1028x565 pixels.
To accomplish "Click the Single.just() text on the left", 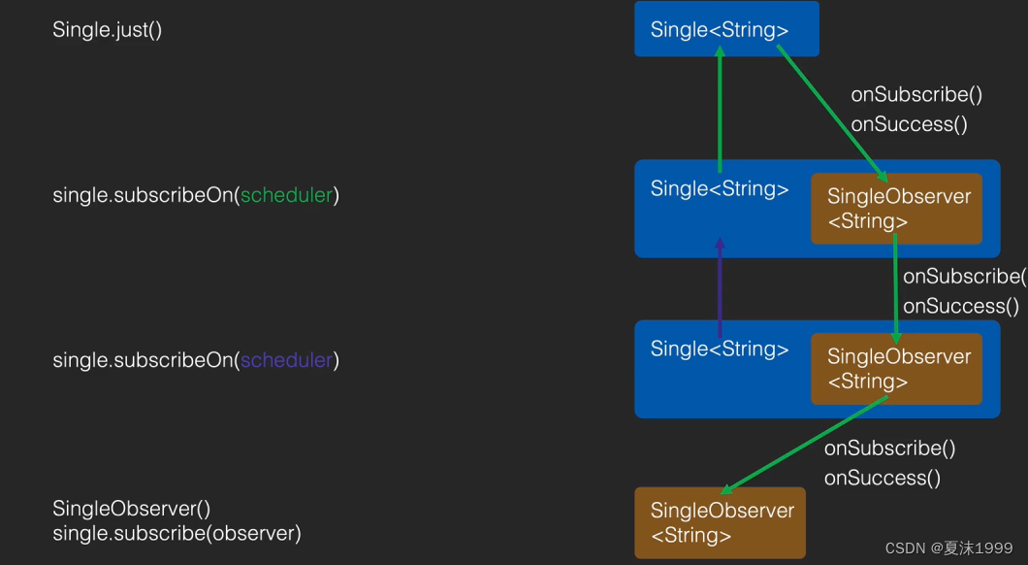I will pos(107,30).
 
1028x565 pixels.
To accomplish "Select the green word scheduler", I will pos(286,195).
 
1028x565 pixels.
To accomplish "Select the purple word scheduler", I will pos(286,360).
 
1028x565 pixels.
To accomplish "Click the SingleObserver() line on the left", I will pos(131,509).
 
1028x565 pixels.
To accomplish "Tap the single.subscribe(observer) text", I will pos(177,533).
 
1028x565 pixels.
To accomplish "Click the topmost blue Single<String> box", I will pos(726,29).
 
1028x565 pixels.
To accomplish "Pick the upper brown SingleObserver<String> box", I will pos(896,209).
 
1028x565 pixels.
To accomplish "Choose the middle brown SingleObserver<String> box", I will pos(896,369).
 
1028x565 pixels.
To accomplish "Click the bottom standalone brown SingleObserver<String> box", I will pos(720,522).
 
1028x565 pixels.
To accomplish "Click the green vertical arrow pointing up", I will pos(720,112).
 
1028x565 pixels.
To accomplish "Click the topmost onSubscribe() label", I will pos(916,94).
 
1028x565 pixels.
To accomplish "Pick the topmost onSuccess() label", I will pos(909,124).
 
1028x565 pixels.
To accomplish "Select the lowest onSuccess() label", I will pos(883,478).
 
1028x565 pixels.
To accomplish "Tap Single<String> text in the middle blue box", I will pos(720,188).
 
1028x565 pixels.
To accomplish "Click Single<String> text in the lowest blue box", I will pos(720,349).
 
